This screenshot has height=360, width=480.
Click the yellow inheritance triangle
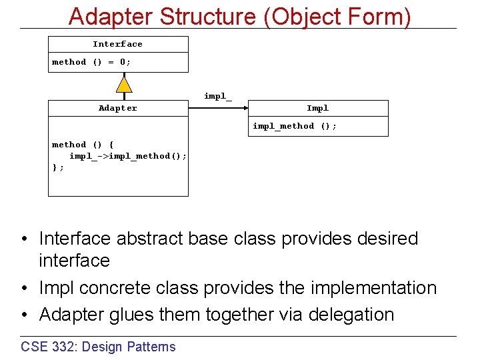coord(123,83)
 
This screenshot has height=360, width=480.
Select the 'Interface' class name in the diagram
coord(117,44)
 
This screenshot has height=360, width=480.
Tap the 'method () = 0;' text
coord(92,62)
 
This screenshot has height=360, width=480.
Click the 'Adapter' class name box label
coord(118,108)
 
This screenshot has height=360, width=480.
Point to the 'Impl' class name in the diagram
coord(317,108)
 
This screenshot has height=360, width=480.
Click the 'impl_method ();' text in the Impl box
coord(295,126)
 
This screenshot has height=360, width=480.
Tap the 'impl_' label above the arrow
coord(218,96)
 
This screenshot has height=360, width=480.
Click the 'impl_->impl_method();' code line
coord(128,156)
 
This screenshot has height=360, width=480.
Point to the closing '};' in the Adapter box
coord(58,167)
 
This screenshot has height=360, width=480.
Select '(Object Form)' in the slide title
coord(338,16)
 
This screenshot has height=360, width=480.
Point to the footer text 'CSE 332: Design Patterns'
coord(98,346)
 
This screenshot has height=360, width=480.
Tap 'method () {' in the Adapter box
coord(83,145)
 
